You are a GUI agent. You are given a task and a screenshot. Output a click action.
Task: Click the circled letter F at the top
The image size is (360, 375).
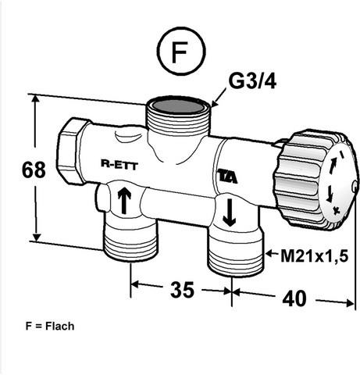[x=181, y=52]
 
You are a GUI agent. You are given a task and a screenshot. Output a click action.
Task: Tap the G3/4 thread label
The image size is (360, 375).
[x=252, y=81]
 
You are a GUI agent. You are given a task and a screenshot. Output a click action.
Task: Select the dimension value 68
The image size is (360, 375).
[x=34, y=170]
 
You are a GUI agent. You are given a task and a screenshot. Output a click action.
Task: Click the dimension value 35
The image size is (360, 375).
[x=182, y=289]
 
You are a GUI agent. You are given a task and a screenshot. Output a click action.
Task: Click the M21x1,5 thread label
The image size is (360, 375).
[x=314, y=256]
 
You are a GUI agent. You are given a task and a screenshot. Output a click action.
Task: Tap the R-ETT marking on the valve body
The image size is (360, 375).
[x=119, y=165]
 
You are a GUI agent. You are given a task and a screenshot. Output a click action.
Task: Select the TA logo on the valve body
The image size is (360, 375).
[x=227, y=177]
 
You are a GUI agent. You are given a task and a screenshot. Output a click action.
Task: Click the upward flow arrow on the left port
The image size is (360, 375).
[x=124, y=200]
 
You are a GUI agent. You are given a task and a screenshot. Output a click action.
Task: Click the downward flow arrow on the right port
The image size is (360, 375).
[x=229, y=212]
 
